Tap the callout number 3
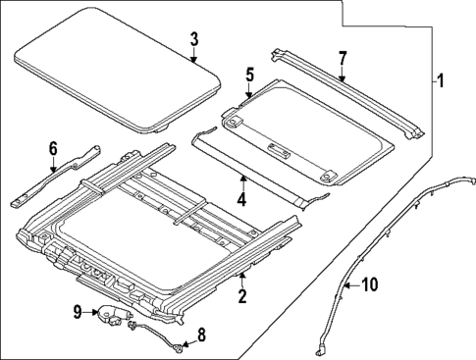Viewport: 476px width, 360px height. pos(194,39)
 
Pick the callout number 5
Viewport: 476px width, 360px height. pos(249,74)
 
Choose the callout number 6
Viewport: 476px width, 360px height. pos(53,148)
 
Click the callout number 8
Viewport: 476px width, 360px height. pos(202,336)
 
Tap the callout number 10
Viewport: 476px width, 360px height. pos(368,285)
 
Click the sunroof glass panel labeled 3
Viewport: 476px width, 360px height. pos(118,74)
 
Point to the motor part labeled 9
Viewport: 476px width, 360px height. pos(110,315)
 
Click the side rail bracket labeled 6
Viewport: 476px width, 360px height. pos(59,177)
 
